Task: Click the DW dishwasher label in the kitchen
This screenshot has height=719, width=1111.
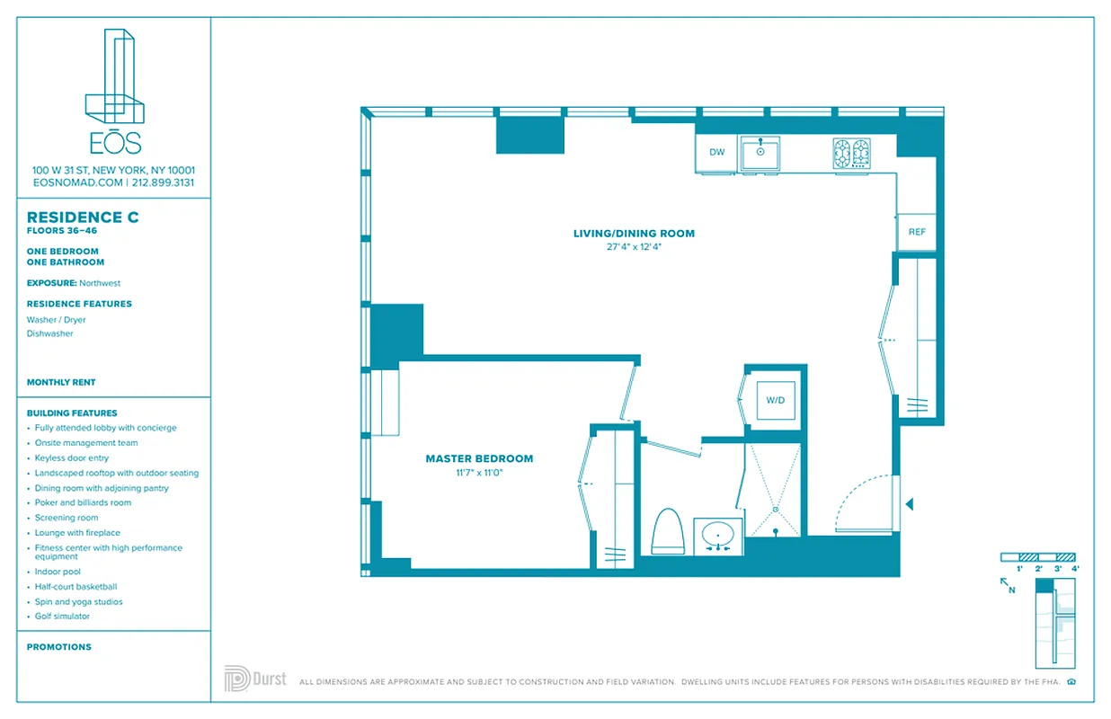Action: tap(716, 153)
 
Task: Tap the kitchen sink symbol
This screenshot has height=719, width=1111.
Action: tap(760, 153)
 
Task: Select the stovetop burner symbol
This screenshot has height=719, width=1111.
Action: tap(850, 153)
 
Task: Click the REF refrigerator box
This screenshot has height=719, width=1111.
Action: tap(916, 232)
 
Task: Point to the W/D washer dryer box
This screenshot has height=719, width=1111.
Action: tap(775, 400)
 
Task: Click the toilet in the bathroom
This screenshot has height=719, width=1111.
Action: tap(668, 532)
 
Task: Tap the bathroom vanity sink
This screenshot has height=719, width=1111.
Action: tap(718, 537)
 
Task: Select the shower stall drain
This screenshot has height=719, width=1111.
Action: tap(774, 508)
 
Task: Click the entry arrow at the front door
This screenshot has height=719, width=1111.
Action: tap(909, 505)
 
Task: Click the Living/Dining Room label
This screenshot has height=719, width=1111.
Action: tap(634, 234)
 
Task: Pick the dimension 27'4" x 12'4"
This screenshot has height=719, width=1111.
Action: tap(634, 246)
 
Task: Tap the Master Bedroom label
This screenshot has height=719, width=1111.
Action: tap(479, 458)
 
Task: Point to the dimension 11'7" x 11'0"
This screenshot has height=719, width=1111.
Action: tap(479, 472)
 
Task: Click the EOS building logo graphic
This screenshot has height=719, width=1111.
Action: tap(114, 76)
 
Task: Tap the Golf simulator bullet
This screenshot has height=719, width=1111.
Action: tap(62, 617)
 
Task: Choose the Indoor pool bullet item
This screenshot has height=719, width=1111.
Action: tap(58, 572)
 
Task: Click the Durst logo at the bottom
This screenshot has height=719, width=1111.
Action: tap(255, 679)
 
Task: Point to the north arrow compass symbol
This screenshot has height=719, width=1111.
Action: tap(1007, 586)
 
